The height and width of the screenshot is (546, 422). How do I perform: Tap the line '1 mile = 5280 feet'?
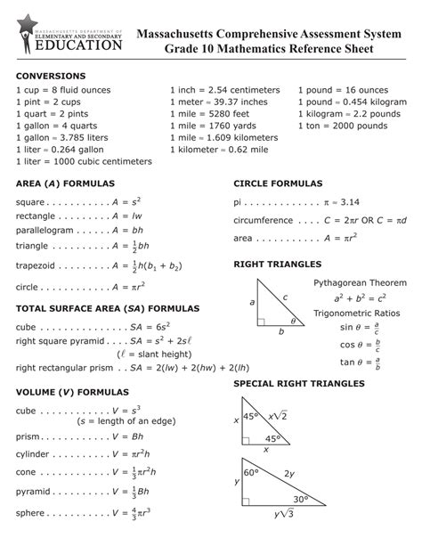(209, 114)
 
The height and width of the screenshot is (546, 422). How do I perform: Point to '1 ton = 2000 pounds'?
(344, 126)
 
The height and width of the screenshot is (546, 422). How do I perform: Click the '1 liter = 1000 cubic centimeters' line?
(84, 162)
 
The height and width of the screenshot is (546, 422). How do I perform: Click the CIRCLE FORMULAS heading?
(278, 183)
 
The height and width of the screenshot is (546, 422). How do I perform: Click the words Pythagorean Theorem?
(360, 282)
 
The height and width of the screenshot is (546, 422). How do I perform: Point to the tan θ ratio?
(360, 362)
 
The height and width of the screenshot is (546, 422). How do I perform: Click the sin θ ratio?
(360, 328)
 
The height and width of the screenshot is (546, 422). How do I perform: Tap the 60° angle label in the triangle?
(251, 472)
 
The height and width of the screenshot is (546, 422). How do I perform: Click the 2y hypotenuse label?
(289, 473)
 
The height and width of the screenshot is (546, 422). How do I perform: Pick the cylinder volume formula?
(82, 453)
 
